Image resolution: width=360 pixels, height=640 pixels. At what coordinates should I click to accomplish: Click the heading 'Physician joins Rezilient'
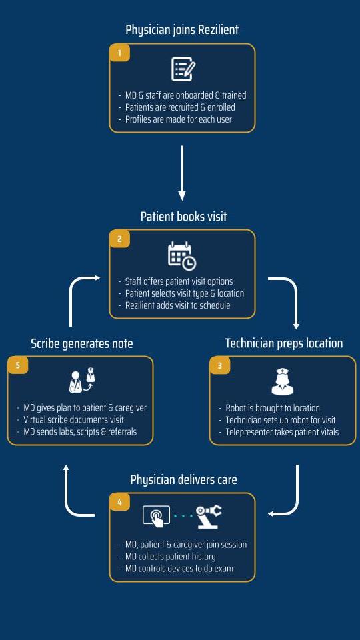coord(182,30)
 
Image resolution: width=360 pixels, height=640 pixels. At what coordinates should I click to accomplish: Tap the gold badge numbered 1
coord(119,53)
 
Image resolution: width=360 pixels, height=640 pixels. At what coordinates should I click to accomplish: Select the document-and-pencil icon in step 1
coord(183,69)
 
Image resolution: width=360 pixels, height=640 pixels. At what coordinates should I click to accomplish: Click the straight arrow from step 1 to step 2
coord(182,173)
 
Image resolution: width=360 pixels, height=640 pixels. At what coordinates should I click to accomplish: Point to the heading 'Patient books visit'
coord(184,216)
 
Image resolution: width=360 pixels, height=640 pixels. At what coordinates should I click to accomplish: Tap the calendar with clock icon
coord(182,256)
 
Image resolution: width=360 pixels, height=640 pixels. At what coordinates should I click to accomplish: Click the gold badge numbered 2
coord(119,239)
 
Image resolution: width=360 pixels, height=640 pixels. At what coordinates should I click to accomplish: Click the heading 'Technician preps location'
coord(284,343)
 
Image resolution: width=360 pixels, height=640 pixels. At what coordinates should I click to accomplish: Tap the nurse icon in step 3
coord(283,381)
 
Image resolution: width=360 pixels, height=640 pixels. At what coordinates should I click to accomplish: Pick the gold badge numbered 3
coord(220,366)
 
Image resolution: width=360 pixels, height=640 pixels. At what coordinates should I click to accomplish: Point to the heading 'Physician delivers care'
coord(184,479)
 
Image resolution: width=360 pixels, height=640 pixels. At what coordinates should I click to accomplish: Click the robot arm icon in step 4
coord(209,516)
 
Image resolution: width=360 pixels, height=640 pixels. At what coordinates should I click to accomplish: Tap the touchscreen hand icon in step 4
coord(156,516)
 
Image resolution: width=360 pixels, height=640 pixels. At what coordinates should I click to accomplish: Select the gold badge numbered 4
coord(119,502)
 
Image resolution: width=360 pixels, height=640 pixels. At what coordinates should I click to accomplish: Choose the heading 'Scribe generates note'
coord(82,343)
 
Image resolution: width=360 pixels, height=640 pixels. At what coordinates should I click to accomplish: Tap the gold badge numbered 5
coord(18,366)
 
